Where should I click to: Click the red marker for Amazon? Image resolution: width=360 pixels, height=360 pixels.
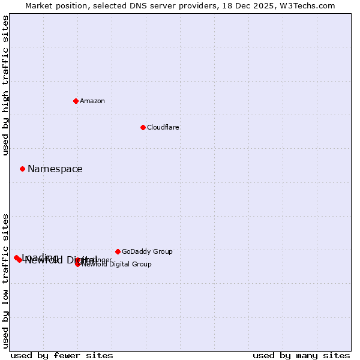click(x=76, y=101)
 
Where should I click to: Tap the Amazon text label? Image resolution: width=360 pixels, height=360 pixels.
click(x=92, y=101)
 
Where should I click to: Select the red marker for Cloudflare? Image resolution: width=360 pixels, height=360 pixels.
click(x=143, y=127)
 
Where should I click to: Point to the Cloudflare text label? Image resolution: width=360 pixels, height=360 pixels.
click(x=163, y=127)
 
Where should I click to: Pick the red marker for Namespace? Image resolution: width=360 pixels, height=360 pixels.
click(x=22, y=169)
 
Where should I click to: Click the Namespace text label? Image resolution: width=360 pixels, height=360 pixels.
click(x=55, y=169)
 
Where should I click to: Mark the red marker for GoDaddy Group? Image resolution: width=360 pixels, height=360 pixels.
click(x=118, y=251)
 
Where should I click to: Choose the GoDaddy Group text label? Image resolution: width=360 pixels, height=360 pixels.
click(x=147, y=251)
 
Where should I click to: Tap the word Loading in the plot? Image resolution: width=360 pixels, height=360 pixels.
click(x=40, y=257)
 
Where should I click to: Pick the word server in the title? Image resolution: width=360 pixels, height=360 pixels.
click(x=161, y=5)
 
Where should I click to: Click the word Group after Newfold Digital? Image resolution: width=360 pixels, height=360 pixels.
click(x=141, y=264)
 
